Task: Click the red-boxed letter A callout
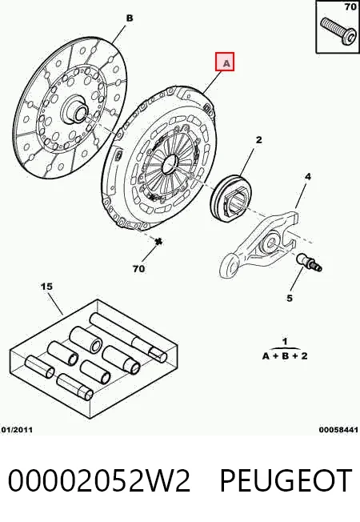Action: tap(225, 62)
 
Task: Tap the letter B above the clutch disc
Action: tap(130, 18)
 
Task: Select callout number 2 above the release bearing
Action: tap(259, 140)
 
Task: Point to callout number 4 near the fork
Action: tap(308, 176)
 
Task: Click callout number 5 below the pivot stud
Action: tap(290, 298)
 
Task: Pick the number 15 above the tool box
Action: tap(47, 287)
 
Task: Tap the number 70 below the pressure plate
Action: tap(138, 268)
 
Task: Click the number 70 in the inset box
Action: tap(350, 6)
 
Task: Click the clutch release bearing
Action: tap(232, 197)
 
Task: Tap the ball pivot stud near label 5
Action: tap(309, 262)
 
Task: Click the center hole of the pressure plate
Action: tap(170, 163)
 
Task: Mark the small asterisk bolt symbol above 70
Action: tap(158, 241)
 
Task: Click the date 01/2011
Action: tap(17, 430)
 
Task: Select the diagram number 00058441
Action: tap(338, 430)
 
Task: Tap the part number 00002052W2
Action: tap(99, 480)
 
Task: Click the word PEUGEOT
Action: tap(286, 480)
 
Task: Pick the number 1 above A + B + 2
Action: tap(285, 342)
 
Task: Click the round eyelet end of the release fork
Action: tap(230, 265)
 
